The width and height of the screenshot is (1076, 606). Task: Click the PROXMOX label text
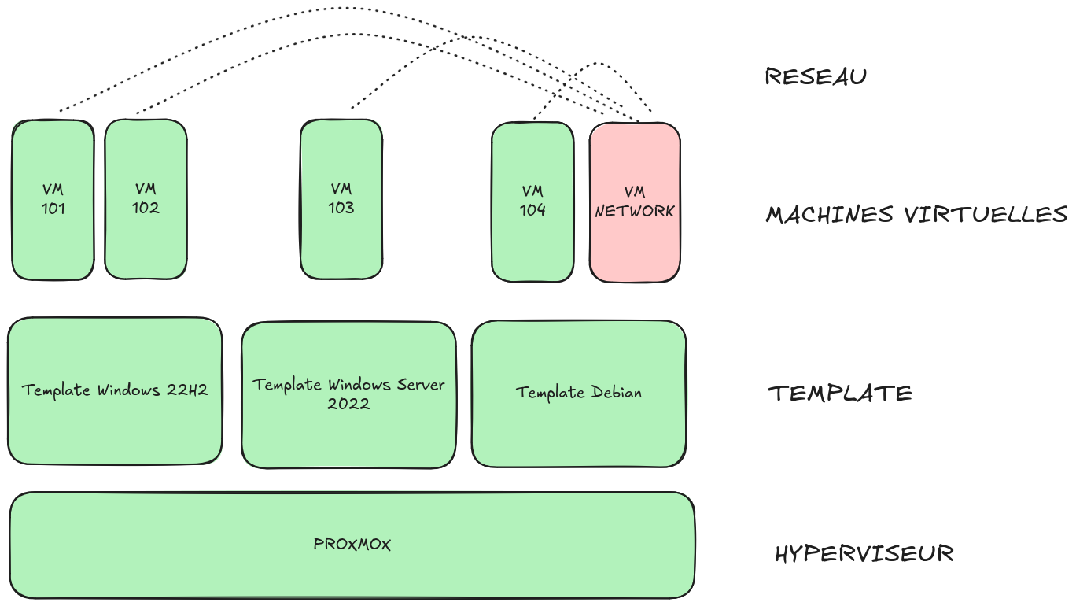(x=352, y=544)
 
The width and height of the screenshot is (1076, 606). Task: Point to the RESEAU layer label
(x=816, y=77)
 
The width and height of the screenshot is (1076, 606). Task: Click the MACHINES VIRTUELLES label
(x=916, y=214)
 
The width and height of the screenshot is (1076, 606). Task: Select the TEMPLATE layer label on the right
(x=839, y=393)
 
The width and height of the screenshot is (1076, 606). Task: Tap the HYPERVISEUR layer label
(x=864, y=553)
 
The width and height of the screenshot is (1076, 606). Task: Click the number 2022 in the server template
(x=348, y=405)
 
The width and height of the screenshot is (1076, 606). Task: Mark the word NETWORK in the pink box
(x=634, y=212)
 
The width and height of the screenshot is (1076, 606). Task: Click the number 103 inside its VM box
(x=341, y=209)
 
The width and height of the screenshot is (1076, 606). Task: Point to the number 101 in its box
(x=53, y=209)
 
